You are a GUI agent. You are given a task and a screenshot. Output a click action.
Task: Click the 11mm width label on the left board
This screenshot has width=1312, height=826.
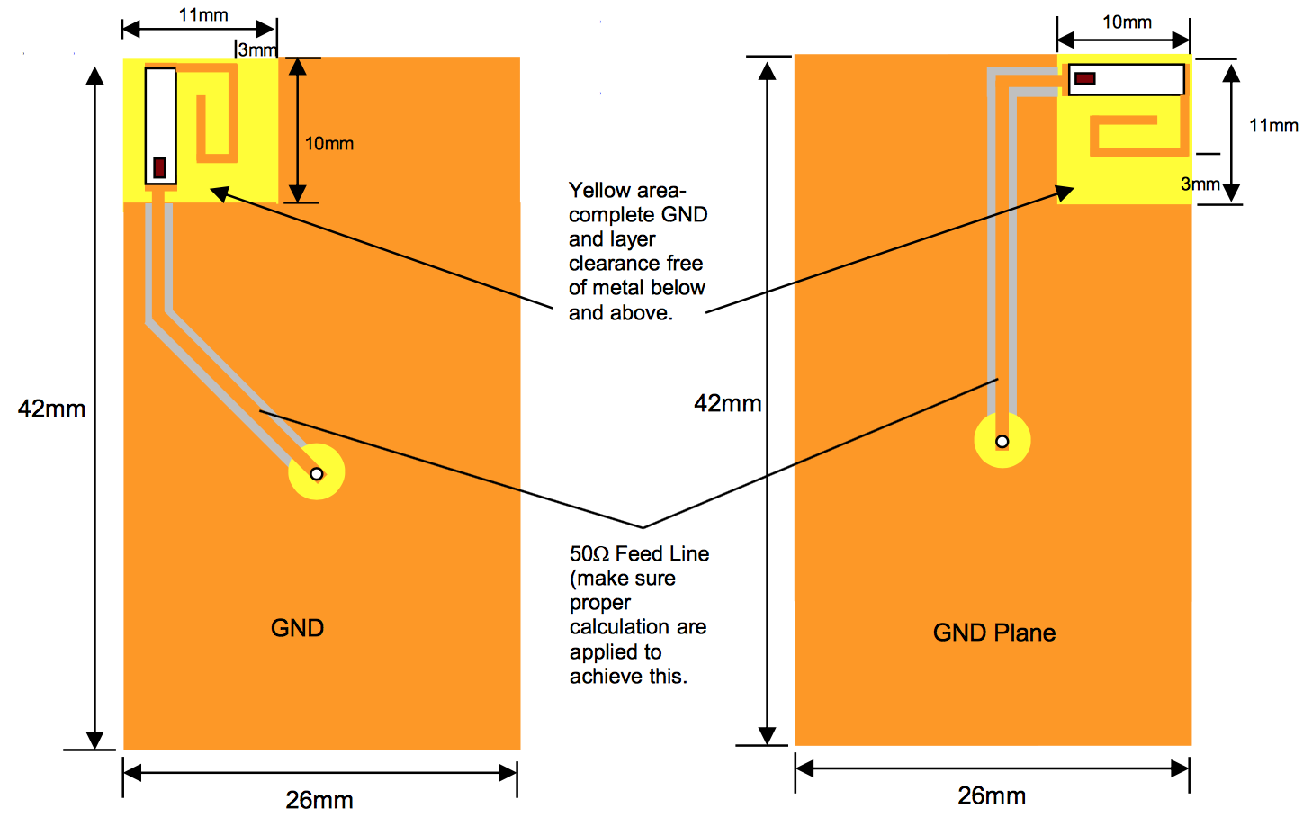point(203,15)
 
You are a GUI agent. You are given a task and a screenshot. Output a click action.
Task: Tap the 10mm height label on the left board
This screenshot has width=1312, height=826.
point(328,144)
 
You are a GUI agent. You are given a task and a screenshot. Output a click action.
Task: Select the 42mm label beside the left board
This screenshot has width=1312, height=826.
point(51,409)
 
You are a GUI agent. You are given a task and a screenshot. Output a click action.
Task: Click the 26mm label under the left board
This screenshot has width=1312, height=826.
point(319,800)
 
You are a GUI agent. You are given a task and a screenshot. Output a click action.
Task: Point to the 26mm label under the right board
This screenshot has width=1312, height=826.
point(992,795)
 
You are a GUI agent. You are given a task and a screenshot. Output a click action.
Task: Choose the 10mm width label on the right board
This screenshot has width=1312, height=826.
point(1127,22)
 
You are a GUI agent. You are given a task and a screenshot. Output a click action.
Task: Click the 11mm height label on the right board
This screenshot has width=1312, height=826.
point(1273,126)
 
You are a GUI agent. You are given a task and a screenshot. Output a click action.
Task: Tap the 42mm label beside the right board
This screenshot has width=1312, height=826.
point(727,404)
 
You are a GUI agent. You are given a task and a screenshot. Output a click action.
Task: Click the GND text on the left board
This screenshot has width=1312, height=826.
point(297,628)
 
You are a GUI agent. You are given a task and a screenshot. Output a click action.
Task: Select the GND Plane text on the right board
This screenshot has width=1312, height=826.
point(994,633)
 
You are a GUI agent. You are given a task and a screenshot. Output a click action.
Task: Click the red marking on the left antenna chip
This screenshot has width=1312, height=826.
point(160,167)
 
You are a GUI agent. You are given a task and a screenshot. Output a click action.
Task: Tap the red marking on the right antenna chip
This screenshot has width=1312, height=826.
point(1085,79)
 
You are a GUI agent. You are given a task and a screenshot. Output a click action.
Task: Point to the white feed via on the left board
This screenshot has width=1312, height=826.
point(316,474)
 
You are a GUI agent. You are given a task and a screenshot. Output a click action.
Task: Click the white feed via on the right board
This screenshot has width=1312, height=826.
point(1002,442)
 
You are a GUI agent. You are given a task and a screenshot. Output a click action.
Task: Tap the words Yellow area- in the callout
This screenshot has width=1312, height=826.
point(627,191)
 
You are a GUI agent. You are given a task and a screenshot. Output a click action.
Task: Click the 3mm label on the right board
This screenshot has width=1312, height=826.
point(1200,184)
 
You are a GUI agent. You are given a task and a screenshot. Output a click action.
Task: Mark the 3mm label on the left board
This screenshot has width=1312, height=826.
point(257,50)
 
